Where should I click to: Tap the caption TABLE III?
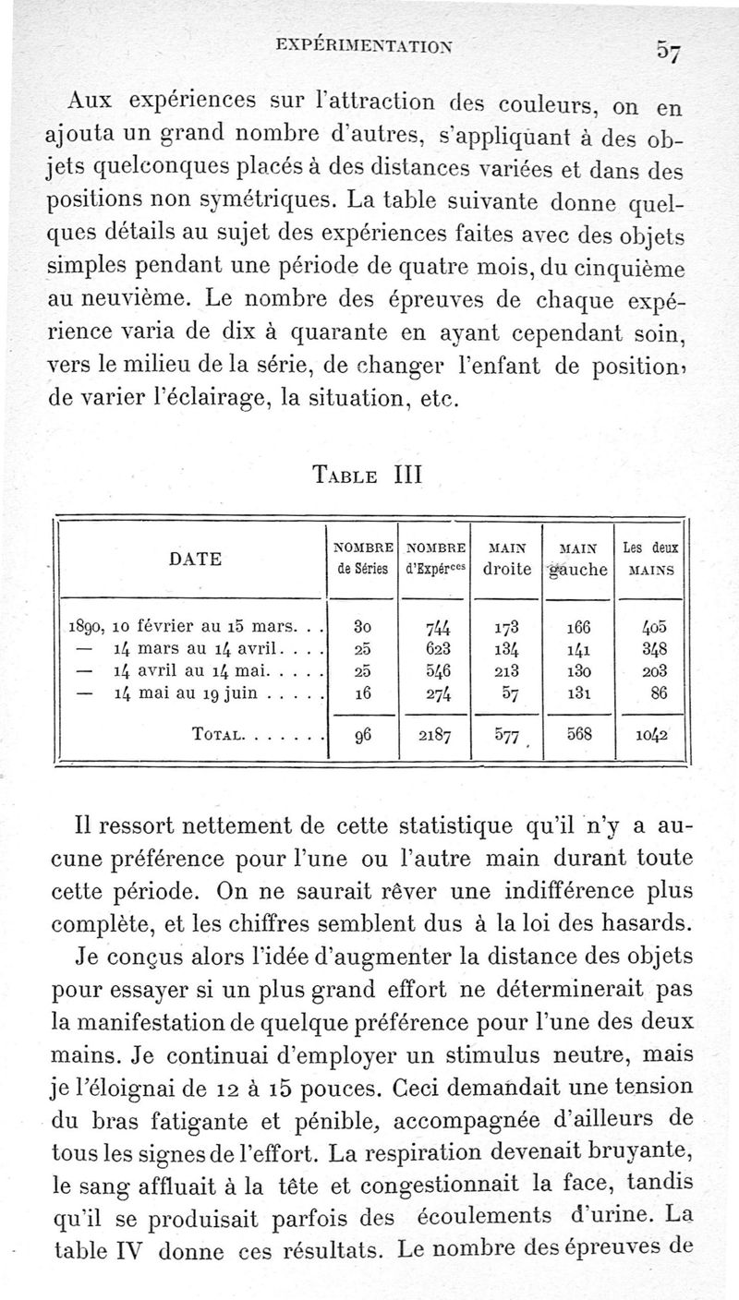[x=366, y=477]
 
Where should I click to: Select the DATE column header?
[x=195, y=558]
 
